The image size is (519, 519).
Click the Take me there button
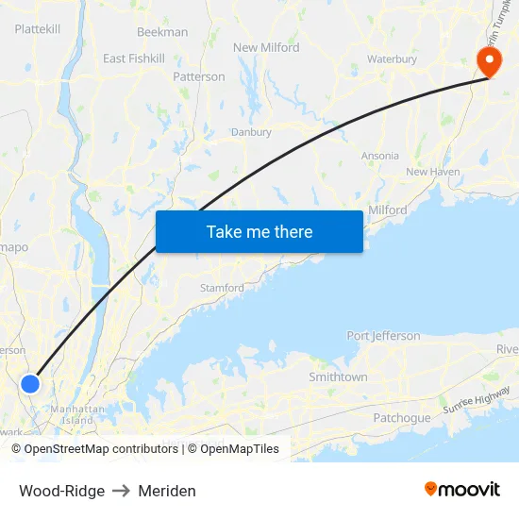[259, 231]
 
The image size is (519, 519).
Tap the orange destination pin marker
[490, 61]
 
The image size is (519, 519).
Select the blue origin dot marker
[30, 383]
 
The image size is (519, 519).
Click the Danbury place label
[251, 133]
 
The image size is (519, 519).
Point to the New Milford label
[266, 47]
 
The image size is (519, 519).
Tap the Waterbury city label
[392, 59]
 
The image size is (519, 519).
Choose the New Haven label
[432, 172]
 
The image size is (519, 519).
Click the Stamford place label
[222, 288]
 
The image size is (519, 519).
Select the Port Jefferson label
[383, 336]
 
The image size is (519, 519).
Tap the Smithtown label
[338, 377]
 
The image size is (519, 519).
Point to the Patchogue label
[402, 418]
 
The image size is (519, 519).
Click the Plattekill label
[38, 29]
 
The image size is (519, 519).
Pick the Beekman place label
[162, 31]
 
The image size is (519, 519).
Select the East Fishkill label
[134, 59]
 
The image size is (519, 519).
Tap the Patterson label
[199, 76]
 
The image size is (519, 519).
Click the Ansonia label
[380, 156]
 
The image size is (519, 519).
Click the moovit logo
[462, 490]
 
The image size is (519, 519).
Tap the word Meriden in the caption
[167, 491]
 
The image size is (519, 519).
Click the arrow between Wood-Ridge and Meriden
[122, 491]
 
